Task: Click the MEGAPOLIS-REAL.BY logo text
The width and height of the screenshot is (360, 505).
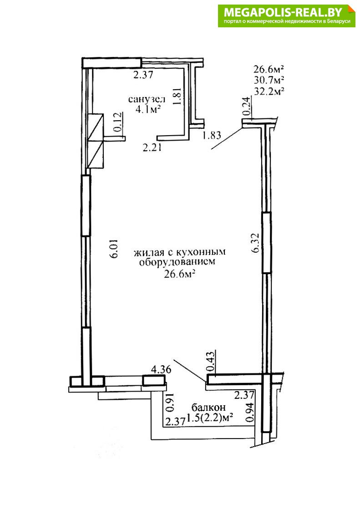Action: click(282, 13)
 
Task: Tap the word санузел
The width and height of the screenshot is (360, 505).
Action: click(147, 99)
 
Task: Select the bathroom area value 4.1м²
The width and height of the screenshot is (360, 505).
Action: click(148, 110)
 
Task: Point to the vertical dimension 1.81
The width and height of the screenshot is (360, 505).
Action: click(177, 96)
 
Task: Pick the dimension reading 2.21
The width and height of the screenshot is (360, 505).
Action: click(152, 148)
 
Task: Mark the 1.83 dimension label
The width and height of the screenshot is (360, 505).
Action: click(212, 135)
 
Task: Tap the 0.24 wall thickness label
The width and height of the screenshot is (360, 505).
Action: click(246, 107)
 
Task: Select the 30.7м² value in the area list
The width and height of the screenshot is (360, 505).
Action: click(269, 80)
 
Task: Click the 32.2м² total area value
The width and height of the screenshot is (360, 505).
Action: click(269, 91)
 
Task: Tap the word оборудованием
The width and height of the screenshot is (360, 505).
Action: click(177, 262)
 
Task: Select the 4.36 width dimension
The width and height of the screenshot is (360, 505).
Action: click(161, 369)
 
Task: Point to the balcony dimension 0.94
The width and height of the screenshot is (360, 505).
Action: click(250, 413)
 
